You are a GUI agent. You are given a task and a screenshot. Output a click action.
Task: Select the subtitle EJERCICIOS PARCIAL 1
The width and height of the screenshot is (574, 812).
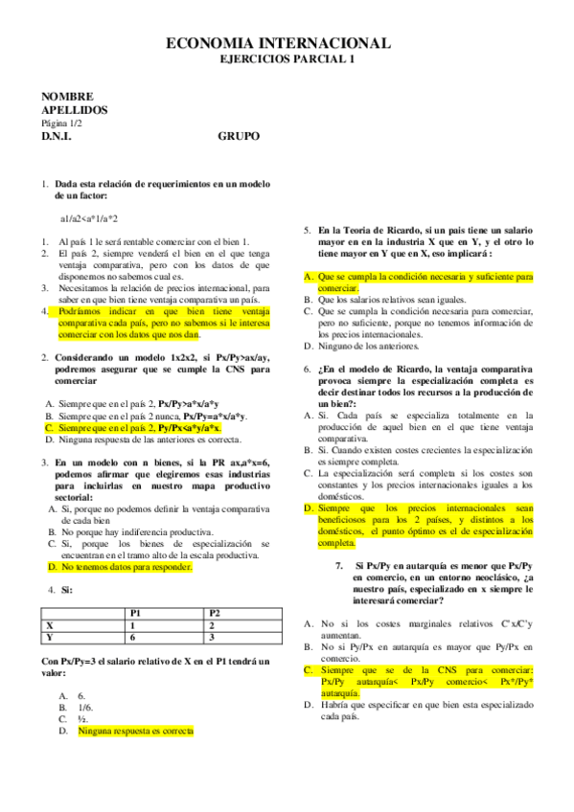point(280,59)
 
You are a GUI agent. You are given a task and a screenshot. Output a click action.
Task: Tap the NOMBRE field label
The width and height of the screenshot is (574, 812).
point(67,97)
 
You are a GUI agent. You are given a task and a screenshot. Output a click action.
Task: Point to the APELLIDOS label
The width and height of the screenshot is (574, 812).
point(75,110)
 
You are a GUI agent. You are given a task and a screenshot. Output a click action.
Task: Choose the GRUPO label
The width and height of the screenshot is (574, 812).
point(239,136)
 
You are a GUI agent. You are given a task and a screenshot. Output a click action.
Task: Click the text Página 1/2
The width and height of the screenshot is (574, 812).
point(62,124)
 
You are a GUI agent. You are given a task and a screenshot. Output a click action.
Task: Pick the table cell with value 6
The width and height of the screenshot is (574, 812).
point(133,637)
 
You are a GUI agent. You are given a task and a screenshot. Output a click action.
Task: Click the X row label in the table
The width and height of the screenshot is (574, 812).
point(49,624)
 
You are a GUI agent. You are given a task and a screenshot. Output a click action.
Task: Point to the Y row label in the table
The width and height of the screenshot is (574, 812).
point(49,637)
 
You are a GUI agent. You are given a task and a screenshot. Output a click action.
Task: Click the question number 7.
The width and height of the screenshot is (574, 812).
point(339,566)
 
